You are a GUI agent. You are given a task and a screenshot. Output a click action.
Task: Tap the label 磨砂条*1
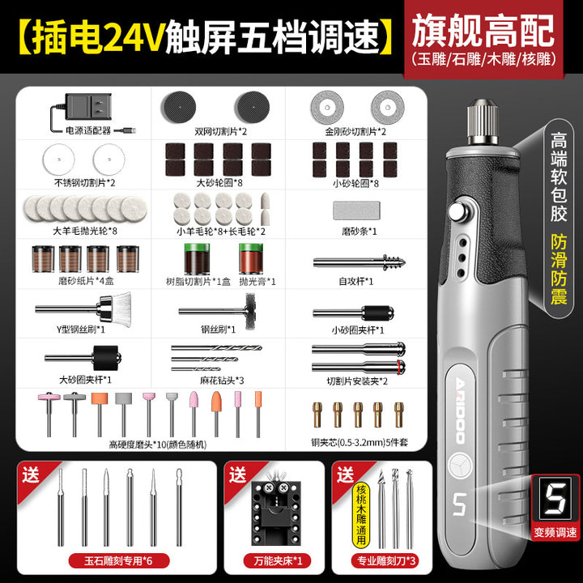[360, 232]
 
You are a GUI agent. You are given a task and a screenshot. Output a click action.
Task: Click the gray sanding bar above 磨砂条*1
[356, 211]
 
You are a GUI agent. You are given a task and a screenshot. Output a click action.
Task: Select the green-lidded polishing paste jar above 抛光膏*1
[251, 258]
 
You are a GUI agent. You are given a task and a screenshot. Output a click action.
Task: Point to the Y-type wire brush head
[115, 309]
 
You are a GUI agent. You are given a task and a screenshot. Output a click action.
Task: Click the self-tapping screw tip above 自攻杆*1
[394, 262]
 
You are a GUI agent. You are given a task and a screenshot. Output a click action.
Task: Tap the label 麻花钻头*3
[222, 381]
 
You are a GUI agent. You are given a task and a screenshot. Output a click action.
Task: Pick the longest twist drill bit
[216, 348]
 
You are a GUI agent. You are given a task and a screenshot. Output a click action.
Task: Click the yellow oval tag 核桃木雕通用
[361, 515]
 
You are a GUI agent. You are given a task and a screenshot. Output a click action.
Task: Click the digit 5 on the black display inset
[555, 499]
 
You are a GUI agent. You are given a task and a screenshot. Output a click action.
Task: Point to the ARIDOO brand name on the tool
[460, 410]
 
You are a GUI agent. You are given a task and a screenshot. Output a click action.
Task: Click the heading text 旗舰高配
[483, 32]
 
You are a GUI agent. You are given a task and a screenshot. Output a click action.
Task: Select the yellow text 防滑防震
[559, 270]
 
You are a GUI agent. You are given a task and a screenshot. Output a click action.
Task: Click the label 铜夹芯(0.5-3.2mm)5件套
[360, 442]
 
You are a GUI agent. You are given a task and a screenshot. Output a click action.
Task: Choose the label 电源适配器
[88, 130]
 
